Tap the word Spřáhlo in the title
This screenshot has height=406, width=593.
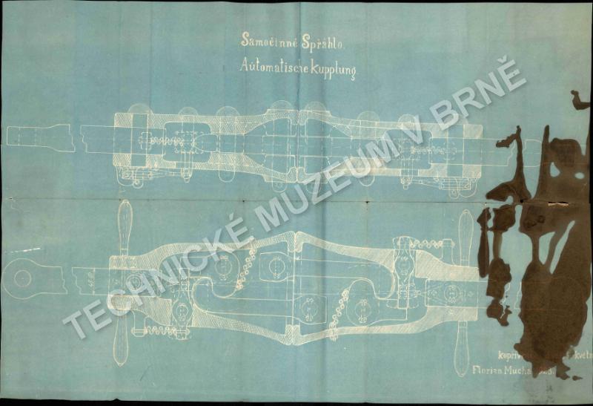click(x=321, y=43)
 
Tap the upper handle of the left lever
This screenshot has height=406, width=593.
click(x=125, y=226)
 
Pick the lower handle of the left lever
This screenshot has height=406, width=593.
click(x=121, y=343)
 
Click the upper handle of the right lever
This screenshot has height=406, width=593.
click(x=465, y=233)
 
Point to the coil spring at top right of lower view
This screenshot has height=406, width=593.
click(x=427, y=243)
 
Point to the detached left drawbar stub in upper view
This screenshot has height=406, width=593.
click(x=40, y=137)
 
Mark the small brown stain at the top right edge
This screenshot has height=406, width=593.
click(x=580, y=100)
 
